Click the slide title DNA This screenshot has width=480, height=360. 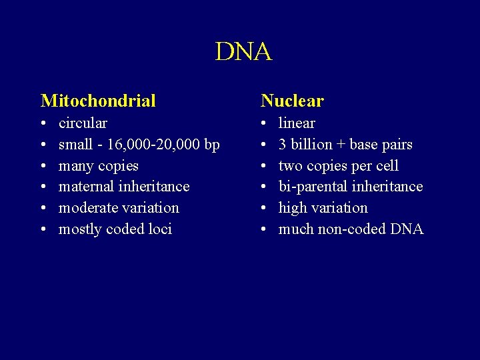coord(243,52)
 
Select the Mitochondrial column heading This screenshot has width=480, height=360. coord(98,101)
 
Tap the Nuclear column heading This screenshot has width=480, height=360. coord(292,101)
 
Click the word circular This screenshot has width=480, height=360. coord(83,123)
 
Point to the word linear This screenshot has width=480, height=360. coord(297,123)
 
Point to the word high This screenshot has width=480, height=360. coord(293,208)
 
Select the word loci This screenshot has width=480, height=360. coord(160,229)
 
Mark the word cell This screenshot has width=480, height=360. coord(387,165)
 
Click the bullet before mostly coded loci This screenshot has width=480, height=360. coord(43,230)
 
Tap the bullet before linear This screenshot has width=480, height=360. coord(263,124)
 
